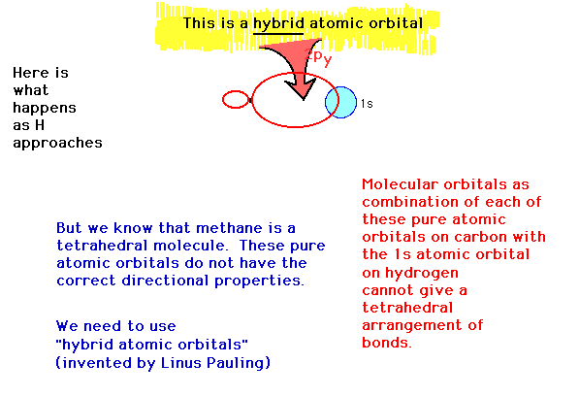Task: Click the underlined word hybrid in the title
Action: [278, 24]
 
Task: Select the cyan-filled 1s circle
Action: [340, 102]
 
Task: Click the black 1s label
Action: [367, 104]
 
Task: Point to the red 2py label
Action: [319, 58]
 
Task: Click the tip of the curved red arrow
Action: [304, 100]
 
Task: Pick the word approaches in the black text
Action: [57, 143]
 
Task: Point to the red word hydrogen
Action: [422, 273]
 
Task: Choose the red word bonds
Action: [387, 343]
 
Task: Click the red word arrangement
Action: [412, 326]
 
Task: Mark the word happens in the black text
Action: [45, 109]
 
